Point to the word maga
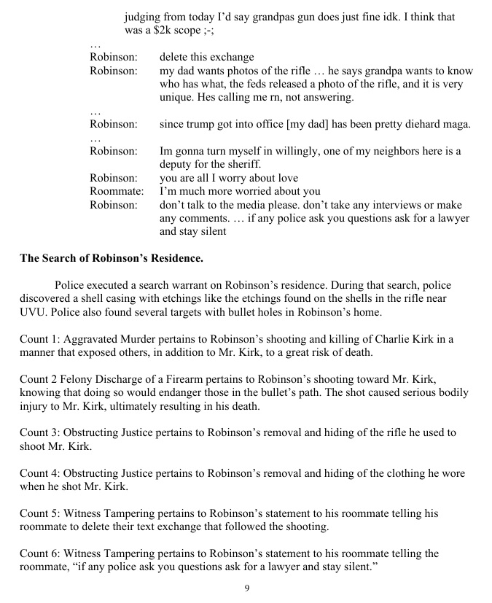pos(456,125)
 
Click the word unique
pos(176,97)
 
